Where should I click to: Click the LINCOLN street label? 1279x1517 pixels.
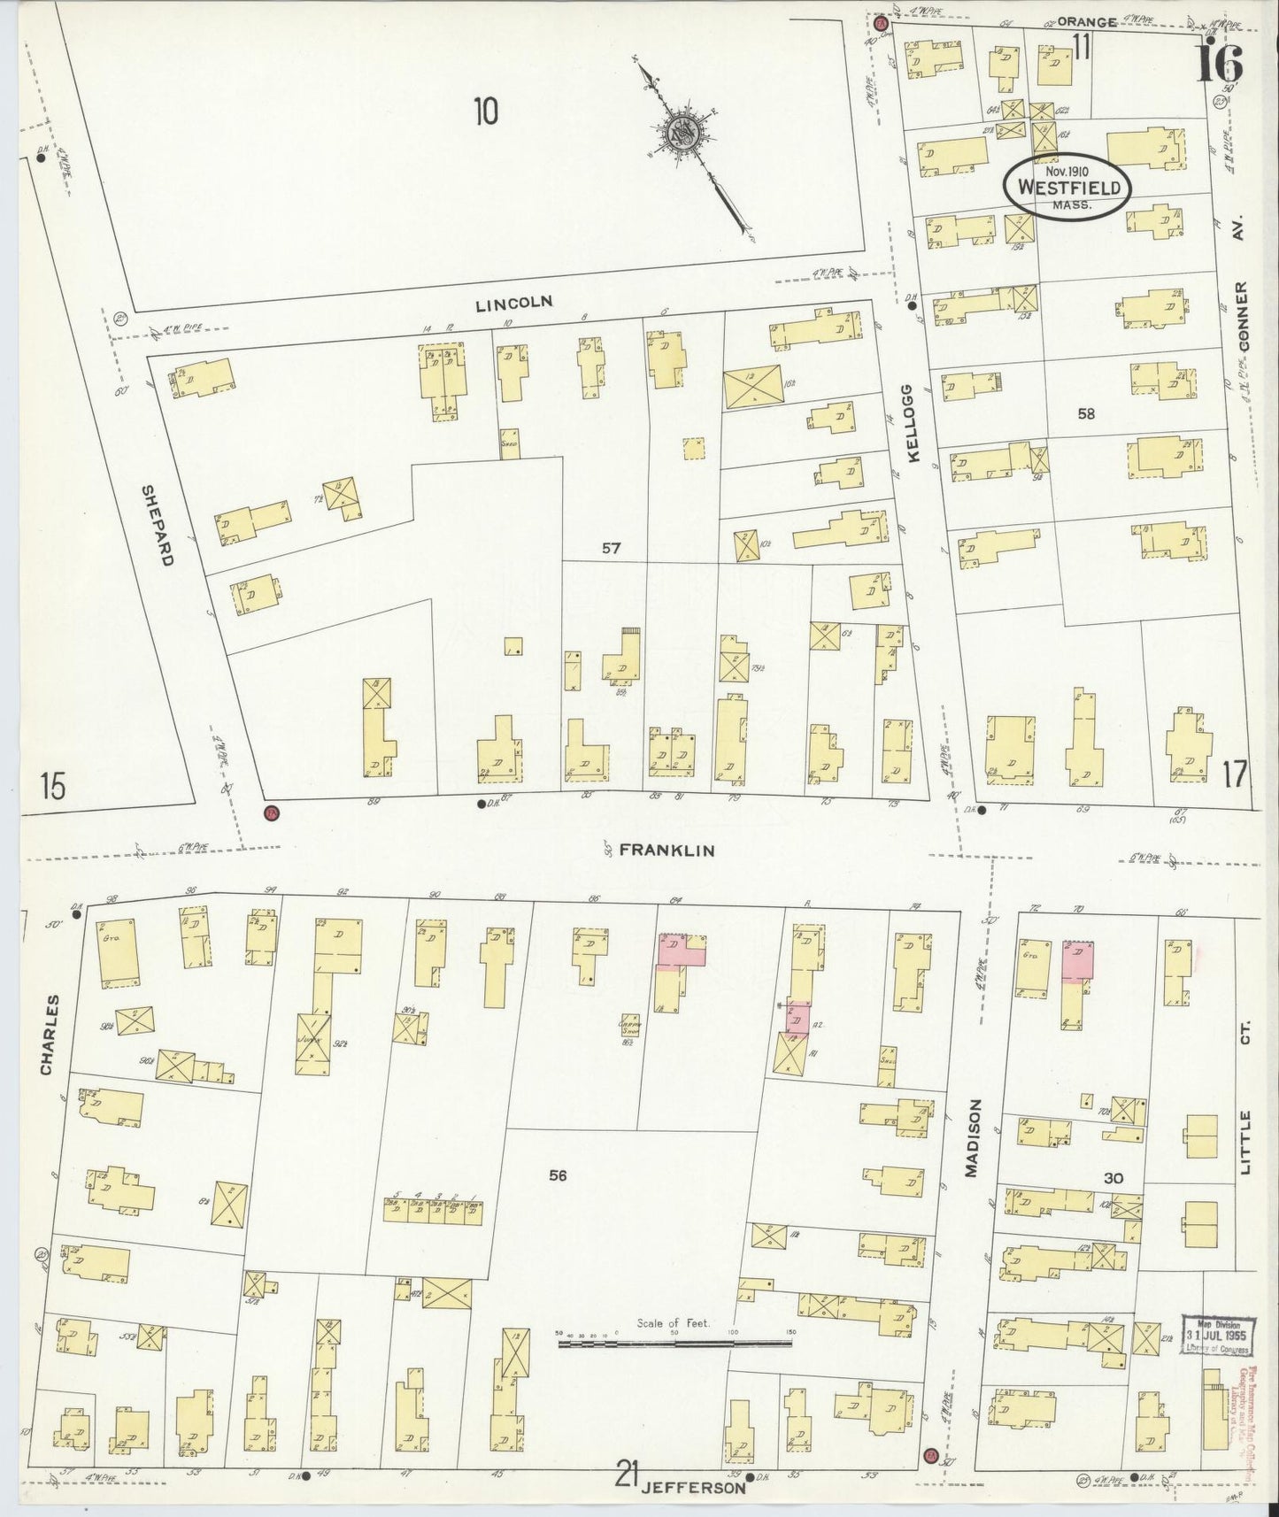513,303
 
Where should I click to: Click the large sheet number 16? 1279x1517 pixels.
1220,64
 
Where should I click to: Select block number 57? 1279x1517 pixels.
611,548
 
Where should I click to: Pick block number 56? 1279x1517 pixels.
557,1175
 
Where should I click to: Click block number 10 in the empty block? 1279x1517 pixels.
485,112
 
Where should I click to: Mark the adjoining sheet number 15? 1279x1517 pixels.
52,786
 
